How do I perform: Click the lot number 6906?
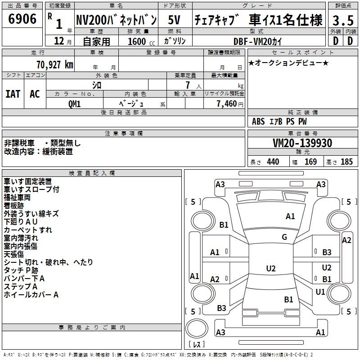pyautogui.click(x=22, y=19)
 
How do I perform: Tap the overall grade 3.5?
pyautogui.click(x=343, y=20)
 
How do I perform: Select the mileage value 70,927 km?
pyautogui.click(x=54, y=65)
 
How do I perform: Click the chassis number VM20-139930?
pyautogui.click(x=302, y=143)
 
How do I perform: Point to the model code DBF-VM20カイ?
pyautogui.click(x=257, y=41)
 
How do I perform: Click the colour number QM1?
pyautogui.click(x=74, y=104)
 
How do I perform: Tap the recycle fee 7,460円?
pyautogui.click(x=230, y=104)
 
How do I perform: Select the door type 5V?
pyautogui.click(x=174, y=20)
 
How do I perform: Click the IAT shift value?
pyautogui.click(x=13, y=94)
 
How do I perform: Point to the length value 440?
pyautogui.click(x=273, y=162)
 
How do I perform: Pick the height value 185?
pyautogui.click(x=346, y=162)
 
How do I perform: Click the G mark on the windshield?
pyautogui.click(x=284, y=237)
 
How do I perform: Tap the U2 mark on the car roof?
pyautogui.click(x=271, y=268)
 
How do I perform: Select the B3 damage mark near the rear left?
pyautogui.click(x=221, y=308)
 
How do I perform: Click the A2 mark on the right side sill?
pyautogui.click(x=346, y=240)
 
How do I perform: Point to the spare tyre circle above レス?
pyautogui.click(x=197, y=328)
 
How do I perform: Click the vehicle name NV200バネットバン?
pyautogui.click(x=117, y=20)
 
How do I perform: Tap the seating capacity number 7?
pyautogui.click(x=188, y=85)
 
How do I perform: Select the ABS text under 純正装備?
pyautogui.click(x=258, y=121)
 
